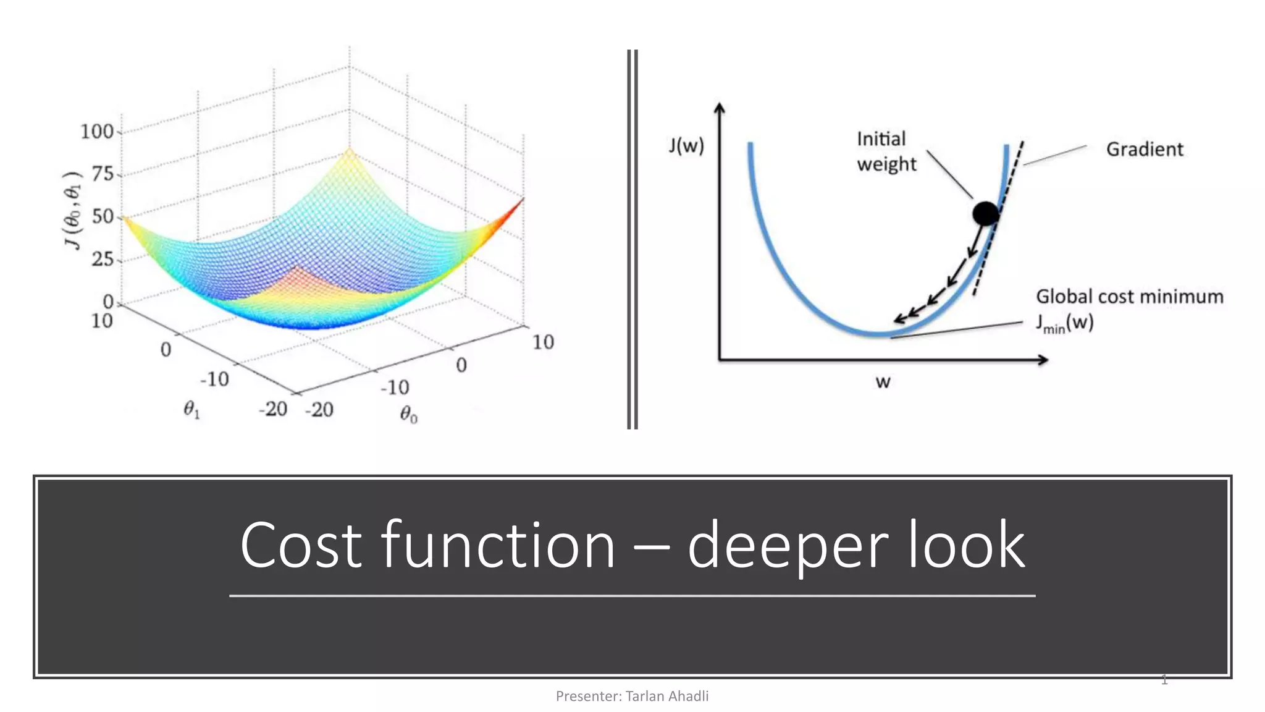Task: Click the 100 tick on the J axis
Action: coord(97,131)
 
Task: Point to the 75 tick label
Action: coord(103,174)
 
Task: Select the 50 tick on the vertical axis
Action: coord(103,216)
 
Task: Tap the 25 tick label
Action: coord(103,258)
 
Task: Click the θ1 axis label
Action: coord(191,409)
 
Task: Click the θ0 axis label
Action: coord(408,414)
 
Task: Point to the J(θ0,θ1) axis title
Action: coord(73,210)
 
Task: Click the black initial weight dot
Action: coord(985,213)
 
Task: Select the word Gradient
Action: coord(1144,149)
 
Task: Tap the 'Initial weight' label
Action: coord(885,151)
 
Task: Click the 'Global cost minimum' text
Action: coord(1129,297)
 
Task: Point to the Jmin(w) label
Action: coord(1064,323)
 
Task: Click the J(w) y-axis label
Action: coord(686,145)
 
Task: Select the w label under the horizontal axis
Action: coord(883,382)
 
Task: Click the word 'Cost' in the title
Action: coord(301,545)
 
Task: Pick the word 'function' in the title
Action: coord(498,545)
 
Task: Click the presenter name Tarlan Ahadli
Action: coord(666,696)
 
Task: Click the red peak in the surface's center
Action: coord(298,270)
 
